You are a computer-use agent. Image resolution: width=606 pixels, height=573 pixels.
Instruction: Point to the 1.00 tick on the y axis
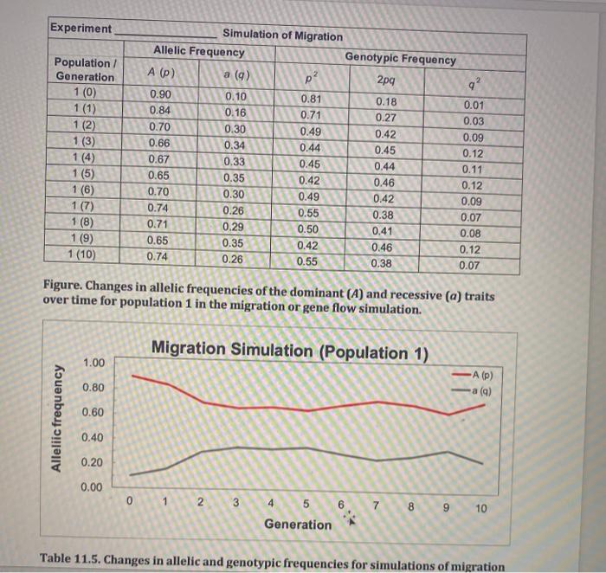(x=95, y=361)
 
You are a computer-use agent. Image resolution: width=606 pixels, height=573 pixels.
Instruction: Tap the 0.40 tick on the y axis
(x=95, y=438)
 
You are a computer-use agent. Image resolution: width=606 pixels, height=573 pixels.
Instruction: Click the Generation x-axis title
(x=298, y=525)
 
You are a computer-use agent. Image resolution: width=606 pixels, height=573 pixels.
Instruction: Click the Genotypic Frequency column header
(x=400, y=59)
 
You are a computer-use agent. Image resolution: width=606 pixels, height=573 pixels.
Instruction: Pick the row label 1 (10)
(x=82, y=255)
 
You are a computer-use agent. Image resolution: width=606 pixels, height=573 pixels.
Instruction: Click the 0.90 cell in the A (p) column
(x=160, y=93)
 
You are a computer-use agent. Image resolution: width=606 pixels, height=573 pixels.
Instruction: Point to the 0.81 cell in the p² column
(x=309, y=99)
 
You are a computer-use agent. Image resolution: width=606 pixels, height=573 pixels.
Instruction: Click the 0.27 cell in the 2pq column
(x=386, y=118)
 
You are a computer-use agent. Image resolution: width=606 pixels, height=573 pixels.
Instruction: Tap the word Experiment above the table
(x=81, y=28)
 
